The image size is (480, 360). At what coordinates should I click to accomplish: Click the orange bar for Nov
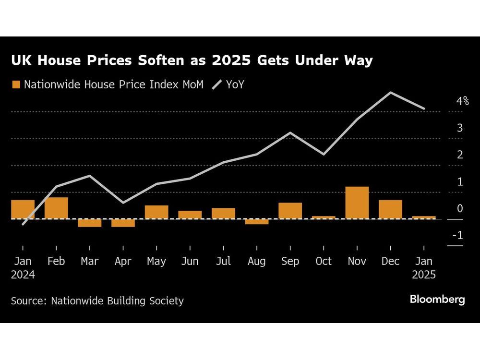[x=357, y=203]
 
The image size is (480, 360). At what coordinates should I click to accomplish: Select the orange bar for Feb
[x=56, y=208]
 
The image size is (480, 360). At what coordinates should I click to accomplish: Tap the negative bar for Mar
[x=90, y=223]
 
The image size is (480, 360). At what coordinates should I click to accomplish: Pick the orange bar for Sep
[x=290, y=211]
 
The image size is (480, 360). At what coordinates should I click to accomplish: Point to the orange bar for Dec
[x=390, y=209]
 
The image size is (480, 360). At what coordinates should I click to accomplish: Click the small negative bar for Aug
[x=257, y=222]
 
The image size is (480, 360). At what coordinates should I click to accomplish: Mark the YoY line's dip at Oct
[x=324, y=154]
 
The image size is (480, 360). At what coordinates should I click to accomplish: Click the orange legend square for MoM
[x=16, y=85]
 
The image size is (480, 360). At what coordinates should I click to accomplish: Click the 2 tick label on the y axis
[x=459, y=155]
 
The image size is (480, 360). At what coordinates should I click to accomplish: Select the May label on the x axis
[x=156, y=261]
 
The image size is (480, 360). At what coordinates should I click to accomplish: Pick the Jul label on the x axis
[x=223, y=261]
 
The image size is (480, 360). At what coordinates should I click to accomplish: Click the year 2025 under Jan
[x=423, y=275]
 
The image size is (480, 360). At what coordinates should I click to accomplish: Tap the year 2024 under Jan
[x=23, y=275]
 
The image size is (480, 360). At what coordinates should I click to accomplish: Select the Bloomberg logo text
[x=437, y=300]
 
